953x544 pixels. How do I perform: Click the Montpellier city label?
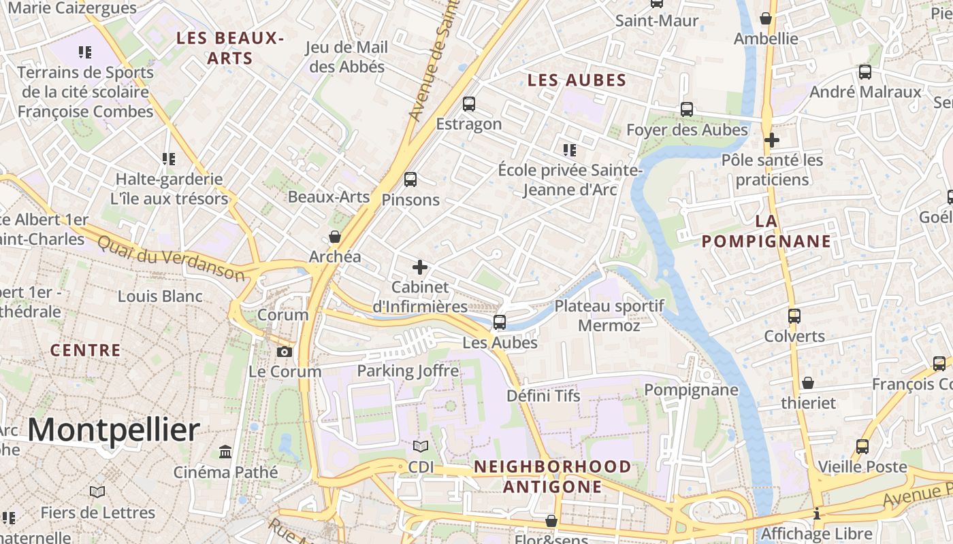114,430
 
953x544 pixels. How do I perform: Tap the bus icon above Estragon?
469,104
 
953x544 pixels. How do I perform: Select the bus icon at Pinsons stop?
410,180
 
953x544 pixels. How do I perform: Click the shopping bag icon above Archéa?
335,237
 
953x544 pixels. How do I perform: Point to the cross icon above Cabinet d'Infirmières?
420,267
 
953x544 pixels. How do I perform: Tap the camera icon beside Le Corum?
285,352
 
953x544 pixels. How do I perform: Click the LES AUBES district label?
577,80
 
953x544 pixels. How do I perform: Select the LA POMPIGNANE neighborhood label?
766,231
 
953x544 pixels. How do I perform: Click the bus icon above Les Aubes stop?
500,322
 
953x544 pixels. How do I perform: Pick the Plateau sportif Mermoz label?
609,316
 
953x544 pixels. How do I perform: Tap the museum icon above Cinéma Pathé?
225,452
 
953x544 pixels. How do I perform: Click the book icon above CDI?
421,447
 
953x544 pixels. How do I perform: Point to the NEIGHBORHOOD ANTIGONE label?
552,476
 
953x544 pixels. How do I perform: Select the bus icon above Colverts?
794,316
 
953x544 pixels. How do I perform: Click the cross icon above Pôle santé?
771,140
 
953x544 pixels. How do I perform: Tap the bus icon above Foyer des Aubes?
687,109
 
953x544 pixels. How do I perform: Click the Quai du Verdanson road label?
169,258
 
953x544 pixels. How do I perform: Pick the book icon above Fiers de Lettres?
97,492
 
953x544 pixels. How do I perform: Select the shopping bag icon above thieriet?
807,383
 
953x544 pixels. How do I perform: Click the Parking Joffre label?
408,371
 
